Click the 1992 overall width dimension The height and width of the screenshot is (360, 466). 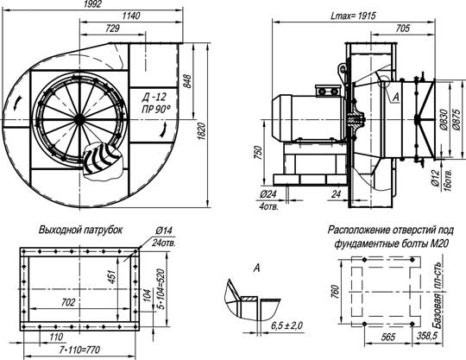[x=92, y=3]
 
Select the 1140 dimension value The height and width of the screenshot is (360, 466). [x=131, y=16]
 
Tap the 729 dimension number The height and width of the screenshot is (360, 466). [x=113, y=28]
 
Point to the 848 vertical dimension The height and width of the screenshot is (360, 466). [x=186, y=81]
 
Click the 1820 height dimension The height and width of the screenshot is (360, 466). [x=201, y=131]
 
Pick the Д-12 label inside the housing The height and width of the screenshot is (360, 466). [x=154, y=98]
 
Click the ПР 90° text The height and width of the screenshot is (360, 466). [x=156, y=110]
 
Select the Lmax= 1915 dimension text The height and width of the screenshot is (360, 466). [x=353, y=16]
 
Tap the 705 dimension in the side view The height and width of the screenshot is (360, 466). [x=403, y=28]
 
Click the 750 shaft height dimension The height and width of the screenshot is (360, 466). [x=259, y=153]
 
